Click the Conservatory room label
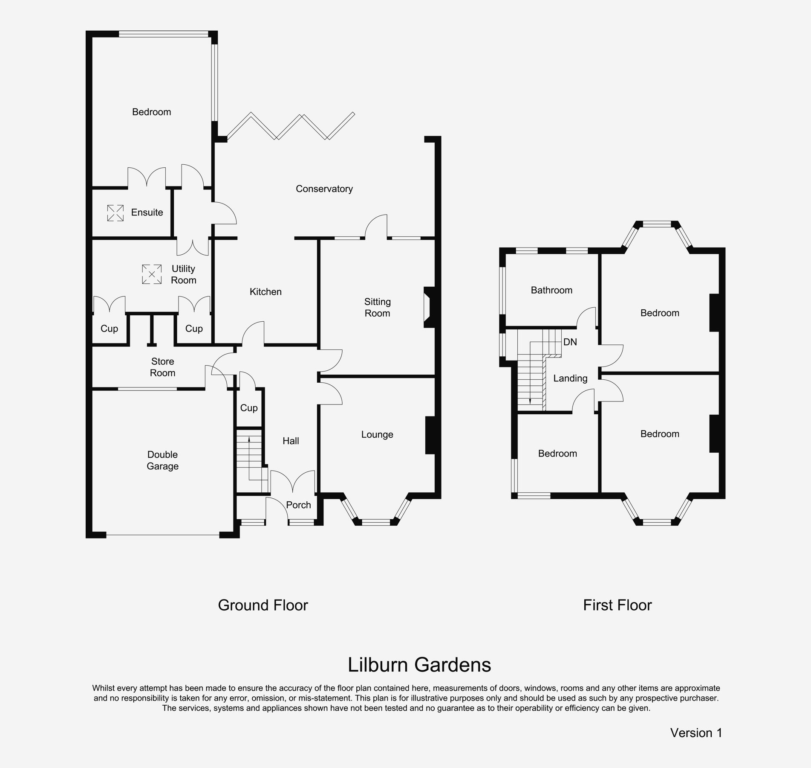[x=324, y=189]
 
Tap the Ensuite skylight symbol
[x=115, y=213]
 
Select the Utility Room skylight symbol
[x=152, y=274]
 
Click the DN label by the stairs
[x=570, y=342]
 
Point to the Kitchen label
[x=266, y=292]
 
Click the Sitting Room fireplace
[x=428, y=308]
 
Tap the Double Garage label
[x=162, y=460]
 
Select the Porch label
[x=298, y=505]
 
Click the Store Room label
[x=162, y=367]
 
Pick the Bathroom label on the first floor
[x=551, y=290]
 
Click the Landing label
[x=570, y=378]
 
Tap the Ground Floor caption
[x=263, y=605]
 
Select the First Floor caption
[x=617, y=605]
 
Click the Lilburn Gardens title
[x=419, y=664]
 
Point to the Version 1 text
[x=696, y=733]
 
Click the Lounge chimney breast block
[x=430, y=435]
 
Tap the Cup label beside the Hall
[x=249, y=408]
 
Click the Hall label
[x=291, y=441]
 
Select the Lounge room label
[x=377, y=434]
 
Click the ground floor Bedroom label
[x=151, y=112]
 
